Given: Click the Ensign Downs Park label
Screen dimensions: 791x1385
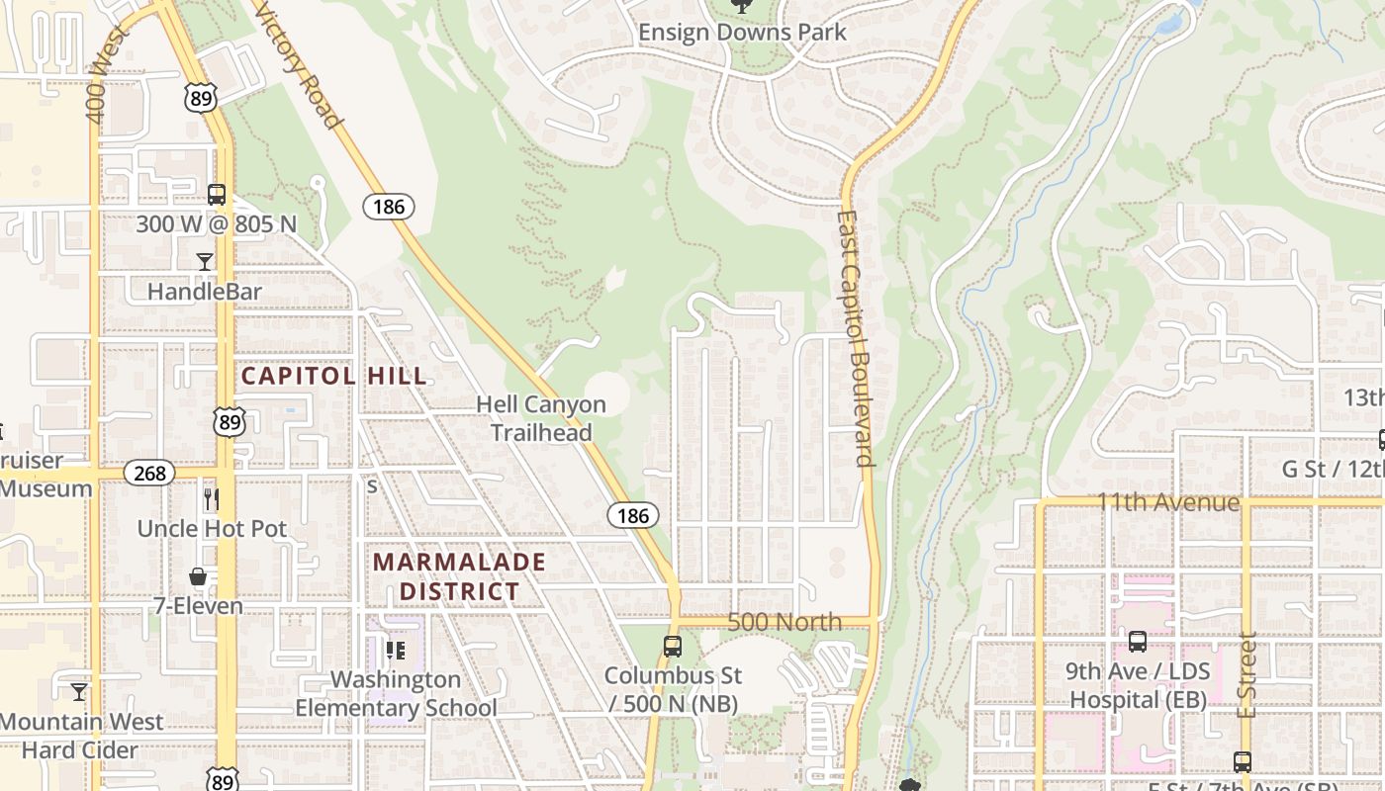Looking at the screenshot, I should click(742, 32).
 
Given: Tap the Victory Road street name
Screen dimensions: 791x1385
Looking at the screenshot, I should click(298, 64).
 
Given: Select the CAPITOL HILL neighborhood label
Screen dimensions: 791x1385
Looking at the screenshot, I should click(334, 376).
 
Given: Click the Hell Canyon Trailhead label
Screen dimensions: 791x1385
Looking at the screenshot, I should click(541, 418).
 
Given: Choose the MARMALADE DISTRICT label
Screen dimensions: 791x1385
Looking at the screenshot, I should click(459, 576).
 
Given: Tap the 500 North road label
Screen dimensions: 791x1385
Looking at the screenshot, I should click(785, 622).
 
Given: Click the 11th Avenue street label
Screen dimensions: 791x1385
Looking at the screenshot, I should click(1167, 502).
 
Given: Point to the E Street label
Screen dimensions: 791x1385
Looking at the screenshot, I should click(1246, 675).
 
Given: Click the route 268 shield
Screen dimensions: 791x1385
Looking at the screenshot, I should click(149, 473).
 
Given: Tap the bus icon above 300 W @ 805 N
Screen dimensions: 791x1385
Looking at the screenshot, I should click(217, 195).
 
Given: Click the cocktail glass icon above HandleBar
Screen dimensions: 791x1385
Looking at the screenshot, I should click(205, 262).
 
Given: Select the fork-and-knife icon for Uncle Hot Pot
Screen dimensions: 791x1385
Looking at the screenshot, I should click(211, 499).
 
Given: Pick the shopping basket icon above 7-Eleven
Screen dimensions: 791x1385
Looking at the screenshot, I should click(198, 576).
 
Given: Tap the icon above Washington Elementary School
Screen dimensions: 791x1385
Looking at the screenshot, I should click(396, 650).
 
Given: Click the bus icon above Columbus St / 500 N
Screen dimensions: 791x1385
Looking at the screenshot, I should click(673, 647).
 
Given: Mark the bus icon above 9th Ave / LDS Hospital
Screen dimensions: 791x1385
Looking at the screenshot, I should click(1138, 642).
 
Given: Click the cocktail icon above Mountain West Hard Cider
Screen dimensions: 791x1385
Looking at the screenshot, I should click(79, 691).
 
